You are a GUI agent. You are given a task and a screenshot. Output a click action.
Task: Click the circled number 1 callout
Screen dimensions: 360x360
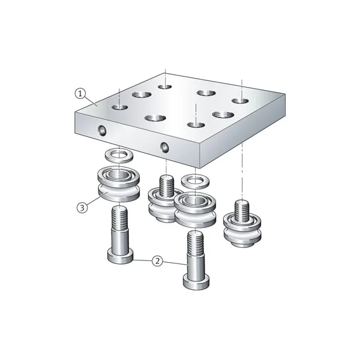coord(80,93)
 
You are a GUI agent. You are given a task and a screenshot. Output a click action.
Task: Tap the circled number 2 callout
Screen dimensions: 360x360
coord(157,261)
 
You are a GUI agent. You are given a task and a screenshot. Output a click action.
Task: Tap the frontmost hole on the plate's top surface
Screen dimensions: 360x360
coord(193,125)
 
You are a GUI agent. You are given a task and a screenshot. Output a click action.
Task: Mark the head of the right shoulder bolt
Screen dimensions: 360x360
coord(197,280)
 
